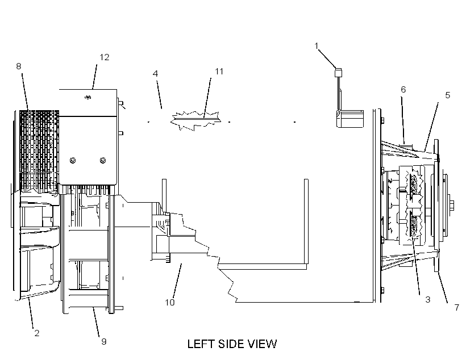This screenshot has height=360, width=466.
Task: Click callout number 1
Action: click(317, 46)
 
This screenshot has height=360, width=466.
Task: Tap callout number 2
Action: click(37, 333)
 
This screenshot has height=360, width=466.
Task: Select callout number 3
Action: click(428, 299)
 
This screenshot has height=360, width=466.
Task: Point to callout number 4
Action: click(155, 73)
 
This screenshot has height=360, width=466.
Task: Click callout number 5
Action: click(448, 95)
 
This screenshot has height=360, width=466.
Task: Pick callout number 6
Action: click(403, 89)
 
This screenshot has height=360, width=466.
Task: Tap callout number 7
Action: click(457, 307)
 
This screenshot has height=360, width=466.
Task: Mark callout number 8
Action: click(19, 66)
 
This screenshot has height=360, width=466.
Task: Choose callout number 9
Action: click(104, 342)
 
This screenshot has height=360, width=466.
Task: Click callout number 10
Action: click(170, 303)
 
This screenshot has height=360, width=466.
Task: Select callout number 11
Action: click(219, 72)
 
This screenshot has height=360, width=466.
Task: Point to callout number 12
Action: click(105, 57)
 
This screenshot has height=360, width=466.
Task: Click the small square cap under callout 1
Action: click(338, 73)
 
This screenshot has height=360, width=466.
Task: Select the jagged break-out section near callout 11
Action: click(196, 120)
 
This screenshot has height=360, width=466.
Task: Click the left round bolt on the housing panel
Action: click(73, 160)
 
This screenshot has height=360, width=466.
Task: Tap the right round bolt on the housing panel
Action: click(103, 160)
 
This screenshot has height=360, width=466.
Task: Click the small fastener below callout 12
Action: click(88, 97)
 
